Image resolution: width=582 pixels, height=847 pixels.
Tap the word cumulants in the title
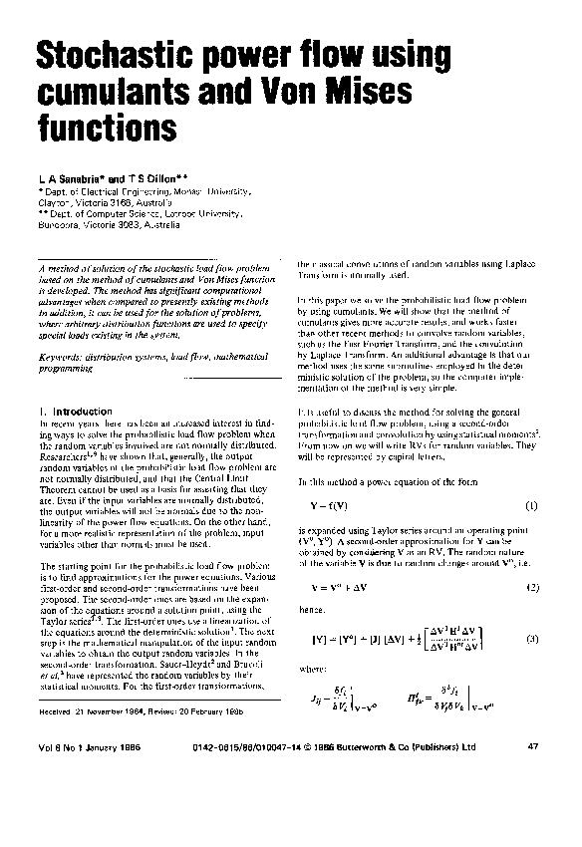111,93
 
